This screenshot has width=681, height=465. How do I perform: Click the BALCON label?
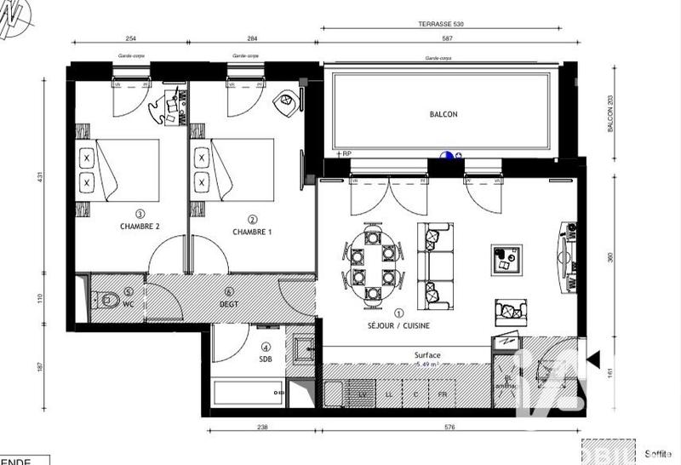443,115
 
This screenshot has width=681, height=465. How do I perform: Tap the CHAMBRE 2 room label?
140,227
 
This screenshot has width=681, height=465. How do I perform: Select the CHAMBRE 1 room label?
253,232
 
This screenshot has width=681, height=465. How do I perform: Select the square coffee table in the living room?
507,260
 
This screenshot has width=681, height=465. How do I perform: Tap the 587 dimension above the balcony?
441,37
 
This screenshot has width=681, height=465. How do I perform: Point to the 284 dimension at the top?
252,37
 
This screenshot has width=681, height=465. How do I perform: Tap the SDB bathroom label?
266,359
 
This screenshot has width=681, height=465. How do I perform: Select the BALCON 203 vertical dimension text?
609,113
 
